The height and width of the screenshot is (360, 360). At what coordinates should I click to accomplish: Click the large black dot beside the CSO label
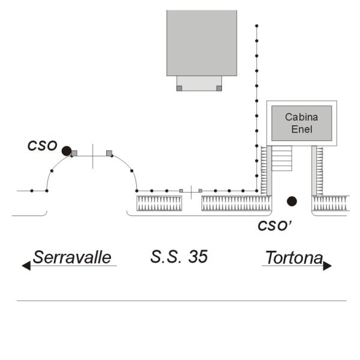coord(67,151)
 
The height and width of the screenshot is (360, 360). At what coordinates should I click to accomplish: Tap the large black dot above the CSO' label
coord(292,201)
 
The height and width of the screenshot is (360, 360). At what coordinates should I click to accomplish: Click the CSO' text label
coord(275,226)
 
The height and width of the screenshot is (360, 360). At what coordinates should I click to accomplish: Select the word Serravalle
coord(72,257)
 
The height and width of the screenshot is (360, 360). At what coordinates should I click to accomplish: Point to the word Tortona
coord(295,257)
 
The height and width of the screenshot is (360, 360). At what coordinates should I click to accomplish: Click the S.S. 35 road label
coord(179,256)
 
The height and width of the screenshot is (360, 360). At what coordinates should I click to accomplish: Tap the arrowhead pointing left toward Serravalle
coord(26,266)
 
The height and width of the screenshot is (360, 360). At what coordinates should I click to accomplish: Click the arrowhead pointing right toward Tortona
coord(327,266)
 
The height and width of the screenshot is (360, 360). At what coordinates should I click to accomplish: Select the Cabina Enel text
coord(301,123)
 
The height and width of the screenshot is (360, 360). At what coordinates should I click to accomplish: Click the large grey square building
coord(202,43)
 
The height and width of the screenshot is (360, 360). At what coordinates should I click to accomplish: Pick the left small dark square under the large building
coord(179,88)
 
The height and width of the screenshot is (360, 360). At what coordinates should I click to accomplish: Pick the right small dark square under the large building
coord(219,88)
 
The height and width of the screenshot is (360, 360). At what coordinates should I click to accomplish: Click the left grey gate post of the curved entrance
coord(74,153)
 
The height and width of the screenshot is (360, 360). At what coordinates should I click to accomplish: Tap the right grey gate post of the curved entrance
coord(109,153)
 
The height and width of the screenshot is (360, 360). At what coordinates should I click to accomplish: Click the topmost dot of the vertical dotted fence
coord(257,26)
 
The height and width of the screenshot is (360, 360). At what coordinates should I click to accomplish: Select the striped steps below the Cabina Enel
coord(281,158)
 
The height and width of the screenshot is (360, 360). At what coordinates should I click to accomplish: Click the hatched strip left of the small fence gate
coord(159,203)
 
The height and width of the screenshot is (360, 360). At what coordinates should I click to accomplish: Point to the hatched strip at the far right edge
coord(331,203)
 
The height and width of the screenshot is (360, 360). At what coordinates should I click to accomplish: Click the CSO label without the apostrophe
coord(42,146)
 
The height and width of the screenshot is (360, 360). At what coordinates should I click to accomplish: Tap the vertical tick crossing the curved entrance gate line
coord(93,157)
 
